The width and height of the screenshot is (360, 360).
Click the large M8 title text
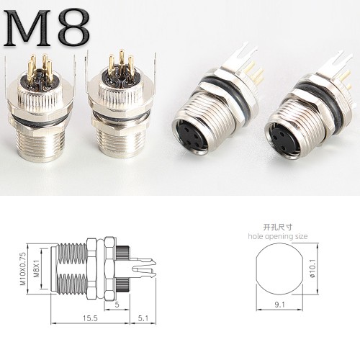click(x=47, y=27)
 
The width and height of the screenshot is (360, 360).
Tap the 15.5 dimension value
click(x=90, y=318)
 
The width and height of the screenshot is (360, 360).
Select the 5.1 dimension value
click(x=143, y=318)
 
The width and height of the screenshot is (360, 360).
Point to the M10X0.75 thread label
click(x=23, y=269)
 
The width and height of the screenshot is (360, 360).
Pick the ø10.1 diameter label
click(x=312, y=269)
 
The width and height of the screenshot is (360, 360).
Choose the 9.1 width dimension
click(x=279, y=305)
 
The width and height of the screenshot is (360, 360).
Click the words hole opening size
click(x=278, y=236)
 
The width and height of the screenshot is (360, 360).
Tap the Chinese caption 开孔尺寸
click(x=278, y=227)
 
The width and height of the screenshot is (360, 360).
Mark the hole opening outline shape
click(x=257, y=269)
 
